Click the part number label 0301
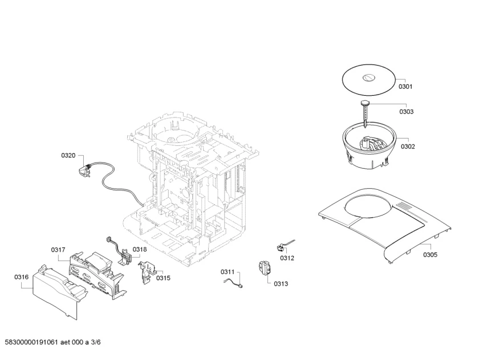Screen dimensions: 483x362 pyautogui.click(x=405, y=87)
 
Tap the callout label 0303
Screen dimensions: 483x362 pyautogui.click(x=406, y=111)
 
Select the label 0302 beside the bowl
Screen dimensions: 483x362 pyautogui.click(x=408, y=147)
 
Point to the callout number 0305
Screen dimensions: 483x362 pyautogui.click(x=430, y=255)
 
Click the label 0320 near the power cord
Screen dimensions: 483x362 pyautogui.click(x=68, y=156)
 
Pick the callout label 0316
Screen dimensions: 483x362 pyautogui.click(x=21, y=277)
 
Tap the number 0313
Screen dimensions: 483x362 pyautogui.click(x=281, y=283)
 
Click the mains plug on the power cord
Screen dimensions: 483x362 pyautogui.click(x=84, y=170)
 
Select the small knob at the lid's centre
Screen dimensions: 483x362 pyautogui.click(x=368, y=78)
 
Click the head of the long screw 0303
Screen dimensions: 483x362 pyautogui.click(x=365, y=103)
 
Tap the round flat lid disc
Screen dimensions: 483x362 pyautogui.click(x=369, y=80)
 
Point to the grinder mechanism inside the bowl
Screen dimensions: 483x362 pyautogui.click(x=372, y=144)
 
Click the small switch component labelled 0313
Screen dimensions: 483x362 pyautogui.click(x=265, y=267)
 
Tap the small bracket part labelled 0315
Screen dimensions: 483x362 pyautogui.click(x=148, y=271)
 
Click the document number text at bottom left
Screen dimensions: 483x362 pyautogui.click(x=52, y=342)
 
